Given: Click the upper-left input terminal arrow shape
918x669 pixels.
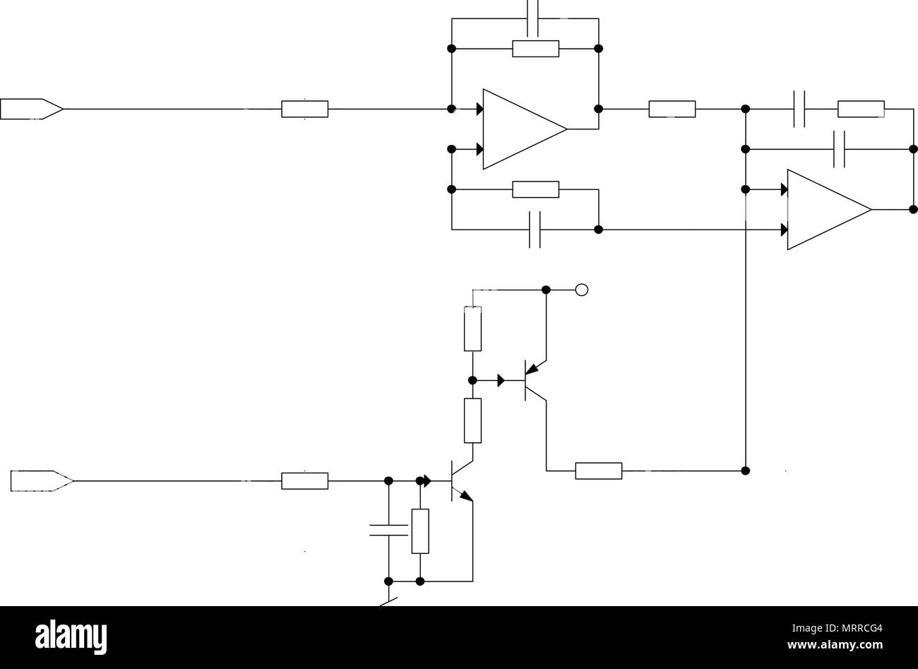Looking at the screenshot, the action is (x=32, y=109).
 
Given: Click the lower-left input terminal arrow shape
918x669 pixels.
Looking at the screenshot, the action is (x=42, y=481).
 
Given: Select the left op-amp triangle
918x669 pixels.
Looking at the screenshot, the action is (x=525, y=129).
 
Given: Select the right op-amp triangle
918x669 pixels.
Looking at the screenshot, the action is (x=829, y=210).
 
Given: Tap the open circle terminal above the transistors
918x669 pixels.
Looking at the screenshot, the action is (x=582, y=290).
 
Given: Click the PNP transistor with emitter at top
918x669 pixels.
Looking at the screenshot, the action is (x=532, y=380).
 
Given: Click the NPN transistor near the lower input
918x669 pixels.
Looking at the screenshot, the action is (x=459, y=481).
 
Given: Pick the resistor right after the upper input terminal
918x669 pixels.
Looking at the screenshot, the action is (x=304, y=109).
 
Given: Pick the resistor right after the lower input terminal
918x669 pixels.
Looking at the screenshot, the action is (x=304, y=481).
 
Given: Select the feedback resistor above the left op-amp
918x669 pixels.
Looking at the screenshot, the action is (x=536, y=49).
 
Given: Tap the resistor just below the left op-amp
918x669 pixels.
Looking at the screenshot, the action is (x=536, y=189).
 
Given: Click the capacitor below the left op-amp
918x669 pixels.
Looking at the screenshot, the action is (x=535, y=230).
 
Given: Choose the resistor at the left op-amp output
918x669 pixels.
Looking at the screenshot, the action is (x=672, y=109).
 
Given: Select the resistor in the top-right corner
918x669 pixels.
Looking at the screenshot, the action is (x=861, y=109).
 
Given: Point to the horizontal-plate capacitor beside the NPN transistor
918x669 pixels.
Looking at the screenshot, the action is (x=388, y=530).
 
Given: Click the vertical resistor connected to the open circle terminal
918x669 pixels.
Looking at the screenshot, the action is (x=472, y=328).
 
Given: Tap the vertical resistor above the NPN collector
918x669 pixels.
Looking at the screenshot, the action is (x=472, y=420).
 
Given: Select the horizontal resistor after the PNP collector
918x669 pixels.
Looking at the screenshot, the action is (x=599, y=471).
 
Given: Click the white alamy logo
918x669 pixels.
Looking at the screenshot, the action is (x=71, y=637).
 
